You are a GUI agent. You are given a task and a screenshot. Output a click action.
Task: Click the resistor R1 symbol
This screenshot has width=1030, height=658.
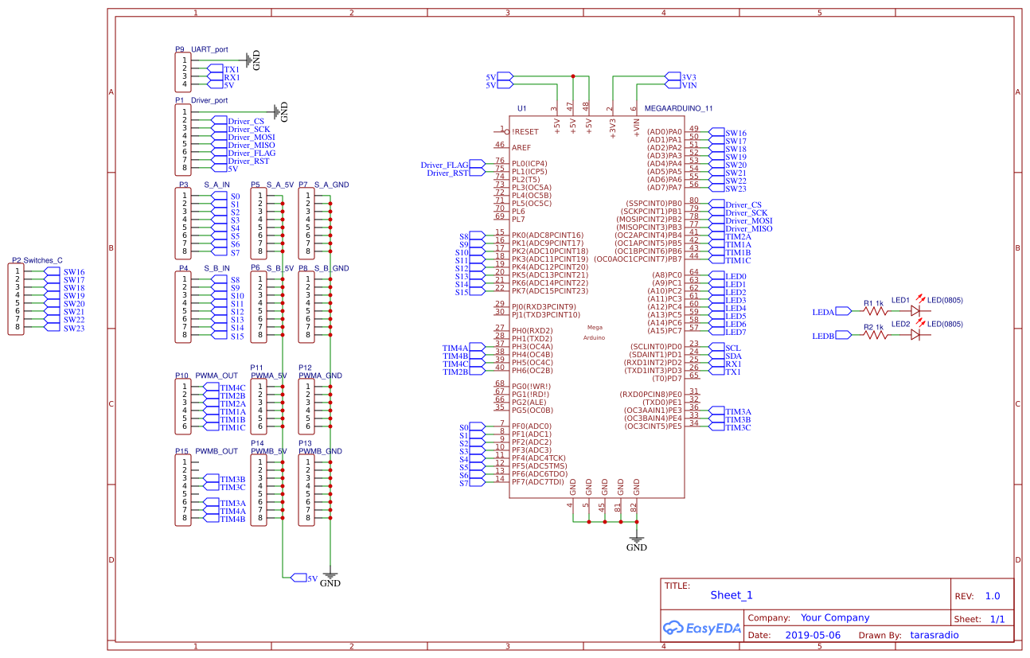coord(876,312)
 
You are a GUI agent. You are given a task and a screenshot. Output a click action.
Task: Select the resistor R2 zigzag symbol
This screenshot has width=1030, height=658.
coord(876,336)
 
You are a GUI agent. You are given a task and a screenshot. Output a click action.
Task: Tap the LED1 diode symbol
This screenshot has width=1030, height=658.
coord(915,312)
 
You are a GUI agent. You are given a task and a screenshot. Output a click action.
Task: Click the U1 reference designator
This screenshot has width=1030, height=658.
coord(521,107)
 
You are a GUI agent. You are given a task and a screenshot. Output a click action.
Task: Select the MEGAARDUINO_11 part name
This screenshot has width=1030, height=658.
coord(678,107)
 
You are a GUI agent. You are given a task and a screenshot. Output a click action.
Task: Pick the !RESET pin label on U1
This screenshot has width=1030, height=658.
coord(525,131)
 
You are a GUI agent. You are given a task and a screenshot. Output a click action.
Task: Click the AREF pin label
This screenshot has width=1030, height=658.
coord(521,147)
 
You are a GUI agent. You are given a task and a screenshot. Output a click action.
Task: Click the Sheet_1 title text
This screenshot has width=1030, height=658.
coord(731,595)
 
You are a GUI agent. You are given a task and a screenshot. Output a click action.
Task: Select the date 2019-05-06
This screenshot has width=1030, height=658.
coord(812,635)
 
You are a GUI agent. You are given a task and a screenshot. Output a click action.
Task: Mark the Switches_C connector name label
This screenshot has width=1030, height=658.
coord(43,260)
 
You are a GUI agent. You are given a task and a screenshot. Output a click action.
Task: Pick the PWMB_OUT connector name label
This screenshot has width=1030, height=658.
coord(217,451)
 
